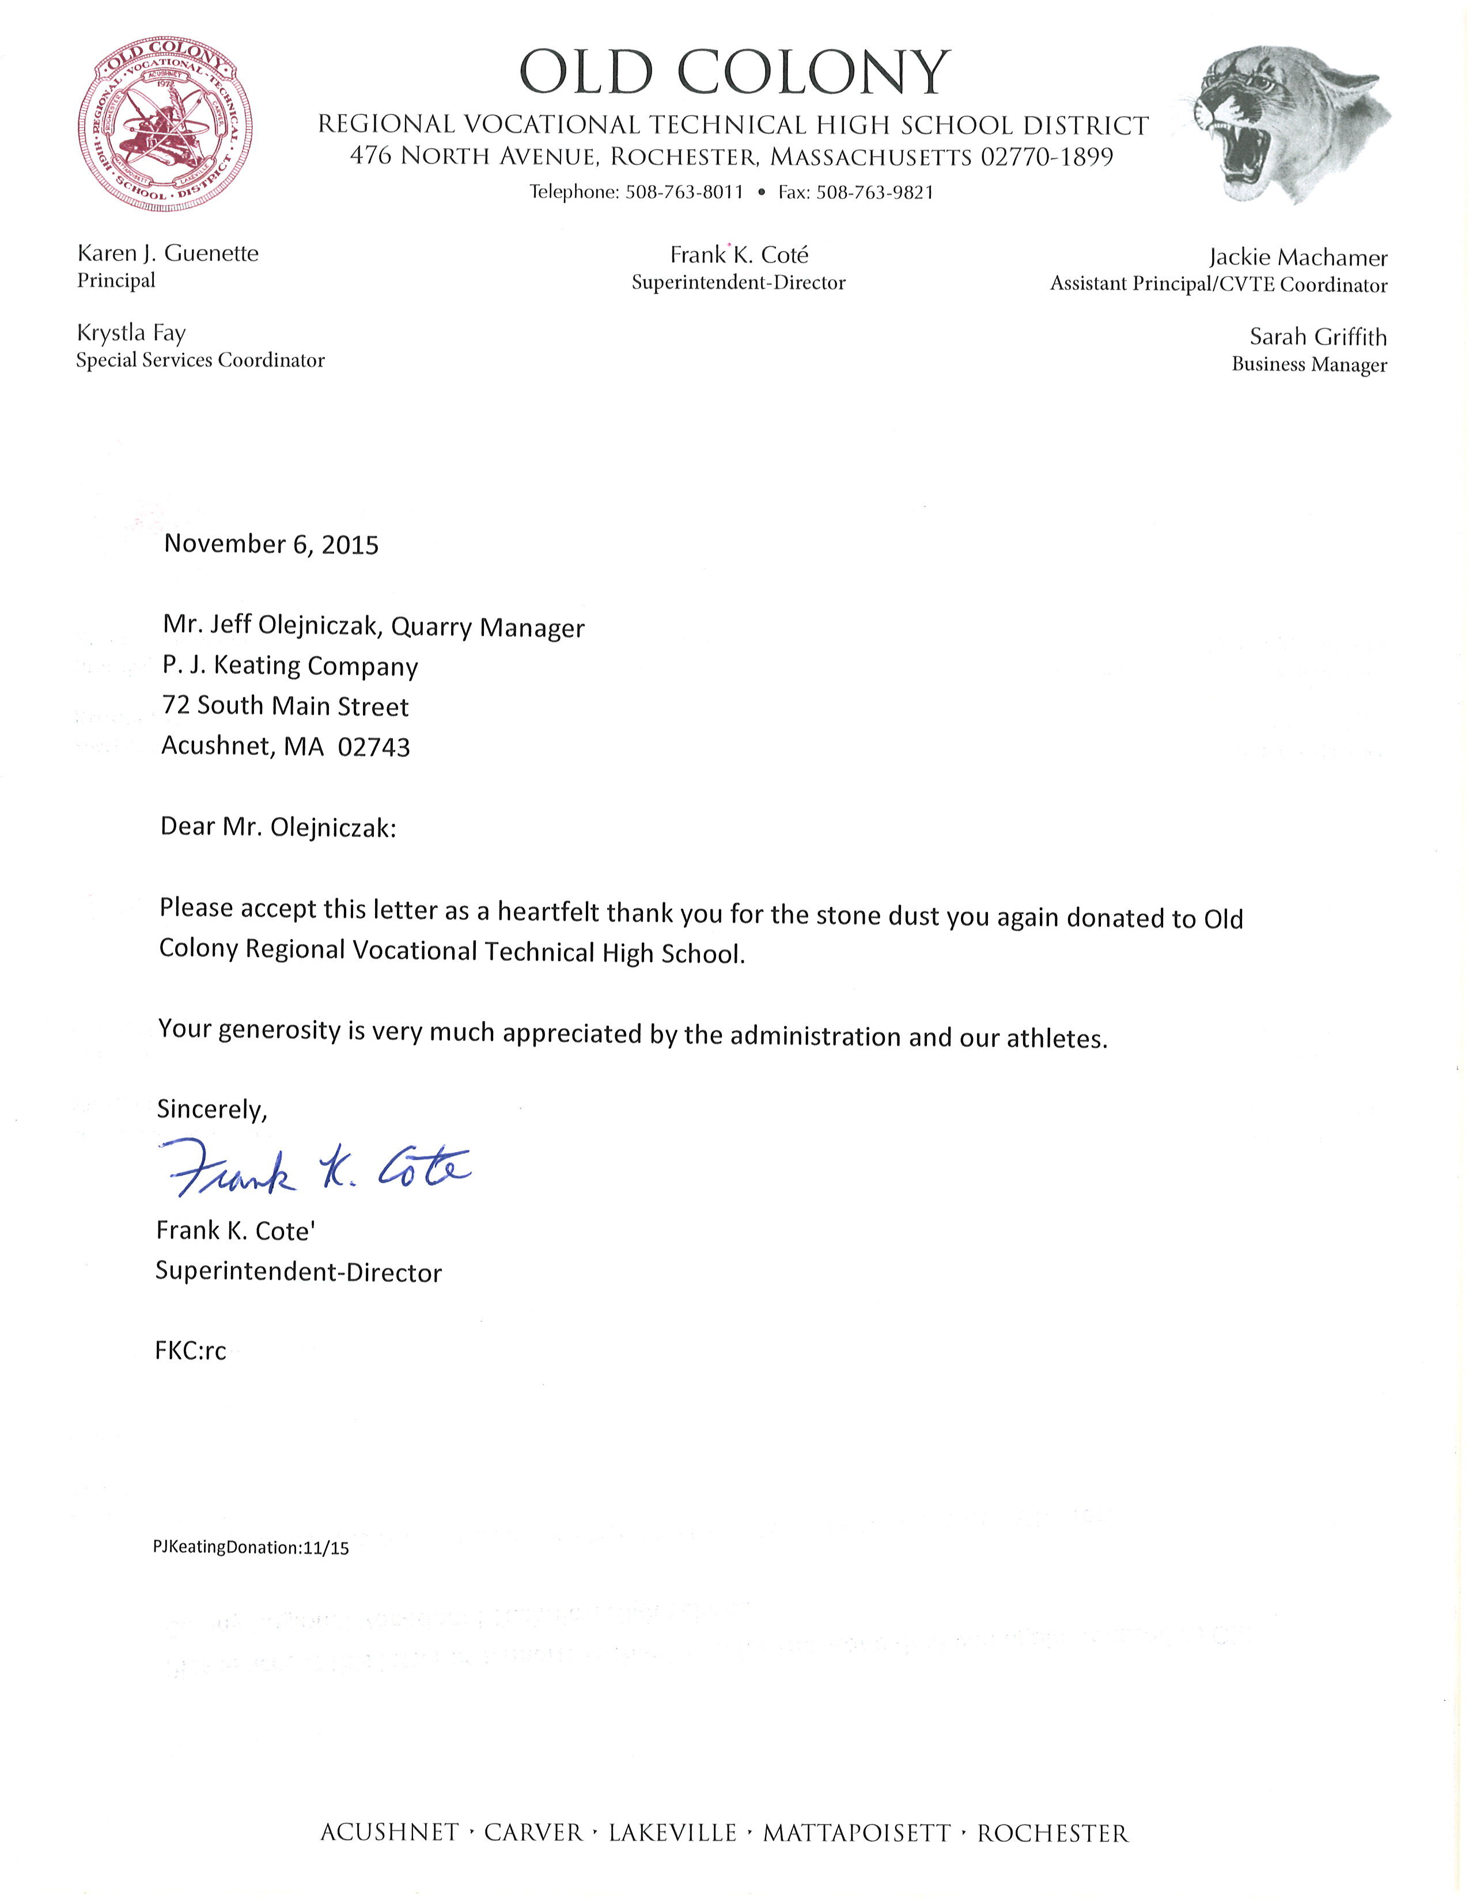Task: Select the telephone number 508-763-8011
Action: pyautogui.click(x=684, y=192)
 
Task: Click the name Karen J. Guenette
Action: pyautogui.click(x=168, y=254)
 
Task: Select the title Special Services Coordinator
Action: pyautogui.click(x=200, y=360)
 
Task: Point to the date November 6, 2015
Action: pyautogui.click(x=271, y=545)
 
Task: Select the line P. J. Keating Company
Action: pyautogui.click(x=290, y=666)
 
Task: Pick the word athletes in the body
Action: pyautogui.click(x=1055, y=1038)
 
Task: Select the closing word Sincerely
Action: pyautogui.click(x=211, y=1109)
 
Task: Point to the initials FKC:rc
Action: pyautogui.click(x=191, y=1351)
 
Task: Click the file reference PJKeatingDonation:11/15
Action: pyautogui.click(x=251, y=1548)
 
